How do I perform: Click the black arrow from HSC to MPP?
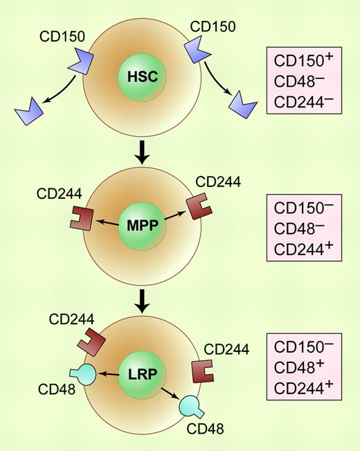pyautogui.click(x=143, y=154)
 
